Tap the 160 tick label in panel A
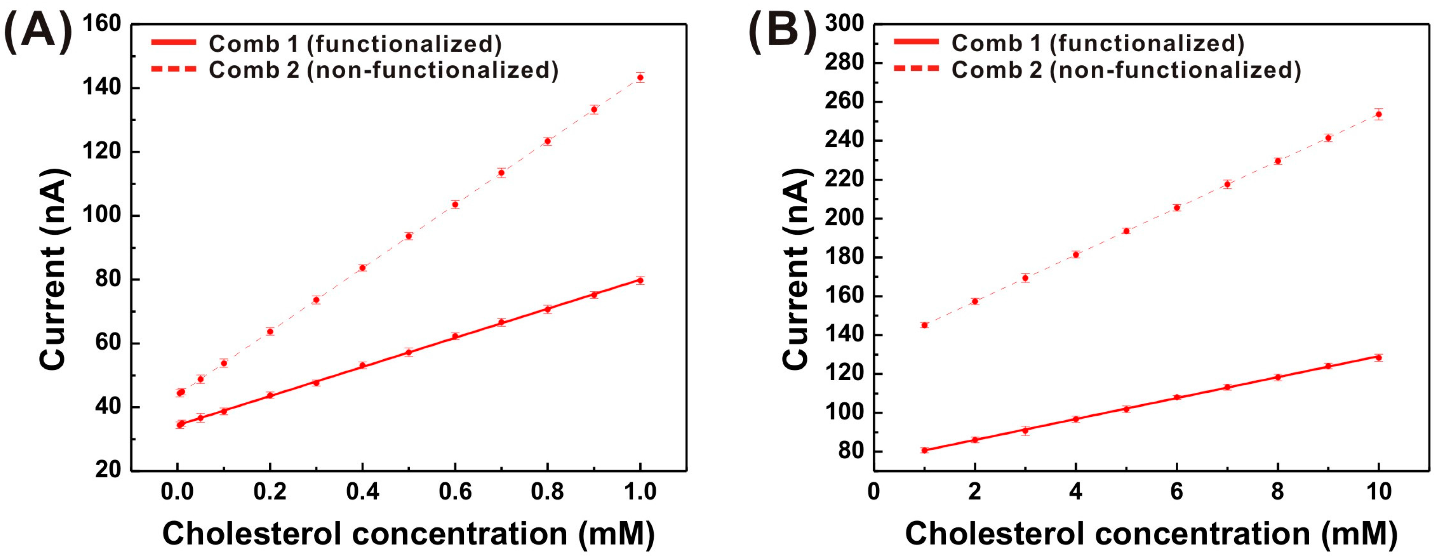click(102, 23)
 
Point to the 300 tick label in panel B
click(844, 23)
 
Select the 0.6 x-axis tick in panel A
click(455, 491)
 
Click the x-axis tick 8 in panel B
click(1277, 491)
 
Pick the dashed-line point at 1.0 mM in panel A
click(640, 77)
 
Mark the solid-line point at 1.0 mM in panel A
click(640, 280)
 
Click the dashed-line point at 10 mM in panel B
click(1379, 114)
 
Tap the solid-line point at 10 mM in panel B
click(1379, 357)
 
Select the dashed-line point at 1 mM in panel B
click(925, 325)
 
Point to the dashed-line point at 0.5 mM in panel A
click(409, 236)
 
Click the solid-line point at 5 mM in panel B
click(1127, 409)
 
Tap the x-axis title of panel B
click(1150, 533)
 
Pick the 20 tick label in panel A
click(107, 469)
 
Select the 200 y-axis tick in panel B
click(844, 218)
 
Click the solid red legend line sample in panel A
click(173, 42)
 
